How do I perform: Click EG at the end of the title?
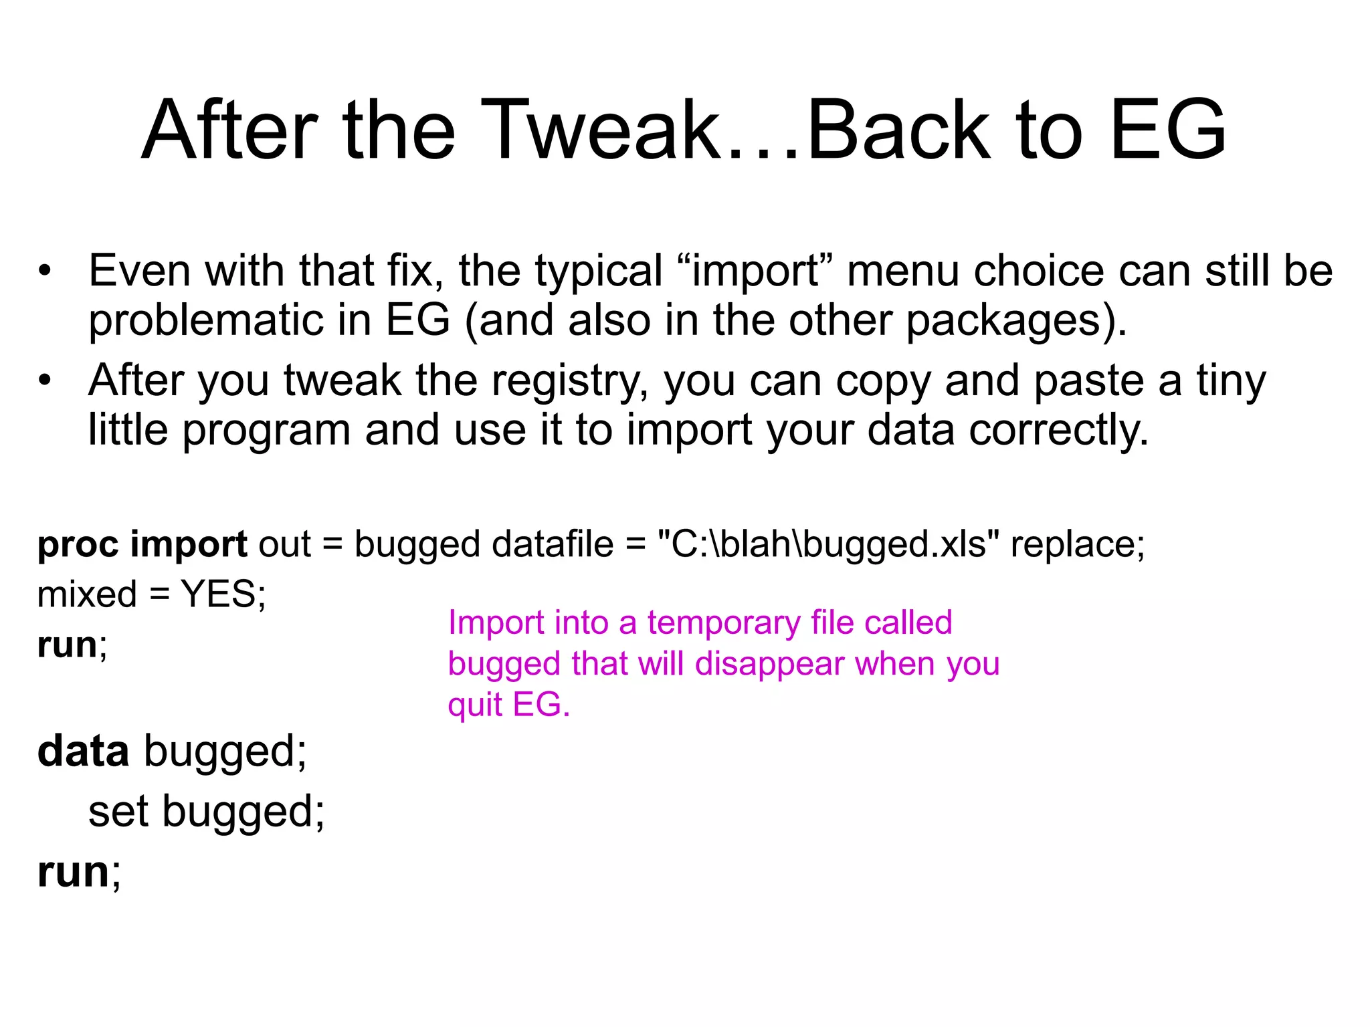tap(1167, 130)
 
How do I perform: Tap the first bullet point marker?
tap(45, 271)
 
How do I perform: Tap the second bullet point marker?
tap(45, 380)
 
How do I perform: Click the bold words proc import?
tap(142, 544)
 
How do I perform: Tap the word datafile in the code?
tap(553, 544)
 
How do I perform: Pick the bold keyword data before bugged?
tap(83, 752)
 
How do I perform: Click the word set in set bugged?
tap(118, 812)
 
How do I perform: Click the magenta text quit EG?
tap(508, 705)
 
